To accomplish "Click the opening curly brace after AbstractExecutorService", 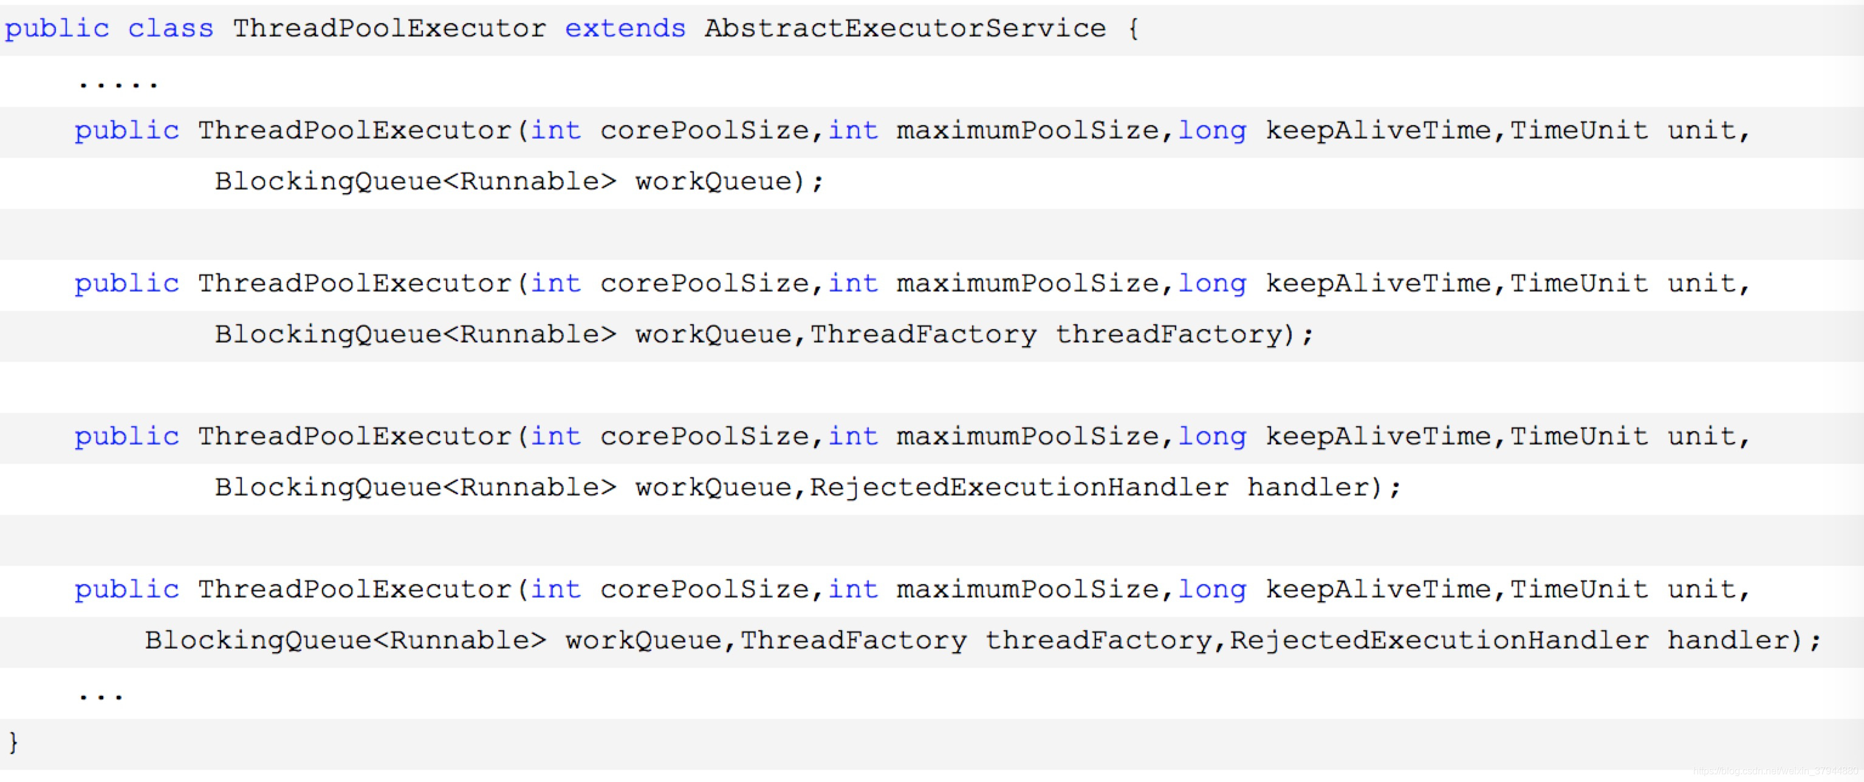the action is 1133,29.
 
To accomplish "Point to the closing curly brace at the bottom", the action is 13,742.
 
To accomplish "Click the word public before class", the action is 57,29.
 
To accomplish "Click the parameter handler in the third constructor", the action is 1308,487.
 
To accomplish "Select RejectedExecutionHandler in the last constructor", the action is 1439,640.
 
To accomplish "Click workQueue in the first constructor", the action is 713,182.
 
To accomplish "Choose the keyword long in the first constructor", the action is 1212,131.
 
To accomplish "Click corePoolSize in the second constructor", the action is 704,284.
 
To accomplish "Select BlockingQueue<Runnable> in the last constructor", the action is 345,640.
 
